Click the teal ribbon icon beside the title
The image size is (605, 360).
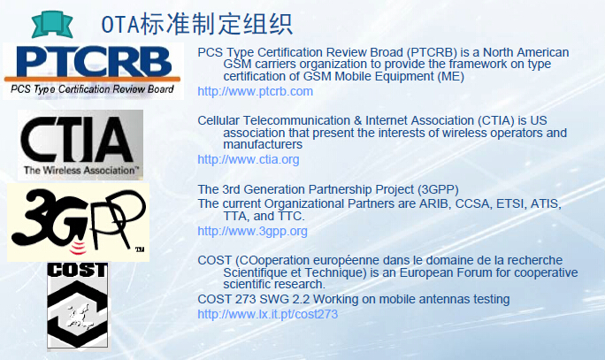[51, 24]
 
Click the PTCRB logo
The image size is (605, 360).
[93, 71]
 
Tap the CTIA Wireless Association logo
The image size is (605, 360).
[80, 145]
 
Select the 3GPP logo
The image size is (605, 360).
[79, 222]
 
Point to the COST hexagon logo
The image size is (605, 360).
[78, 305]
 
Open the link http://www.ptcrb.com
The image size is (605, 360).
[255, 91]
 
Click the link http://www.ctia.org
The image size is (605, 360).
[248, 159]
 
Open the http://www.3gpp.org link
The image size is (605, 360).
[252, 231]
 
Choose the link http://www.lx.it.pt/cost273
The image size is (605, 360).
[267, 314]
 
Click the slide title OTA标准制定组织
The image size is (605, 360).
[196, 24]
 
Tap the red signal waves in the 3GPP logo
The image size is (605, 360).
[78, 248]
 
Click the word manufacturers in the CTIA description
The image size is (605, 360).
[263, 144]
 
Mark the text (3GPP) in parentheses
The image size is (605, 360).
[438, 189]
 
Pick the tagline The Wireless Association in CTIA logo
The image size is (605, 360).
[81, 170]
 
